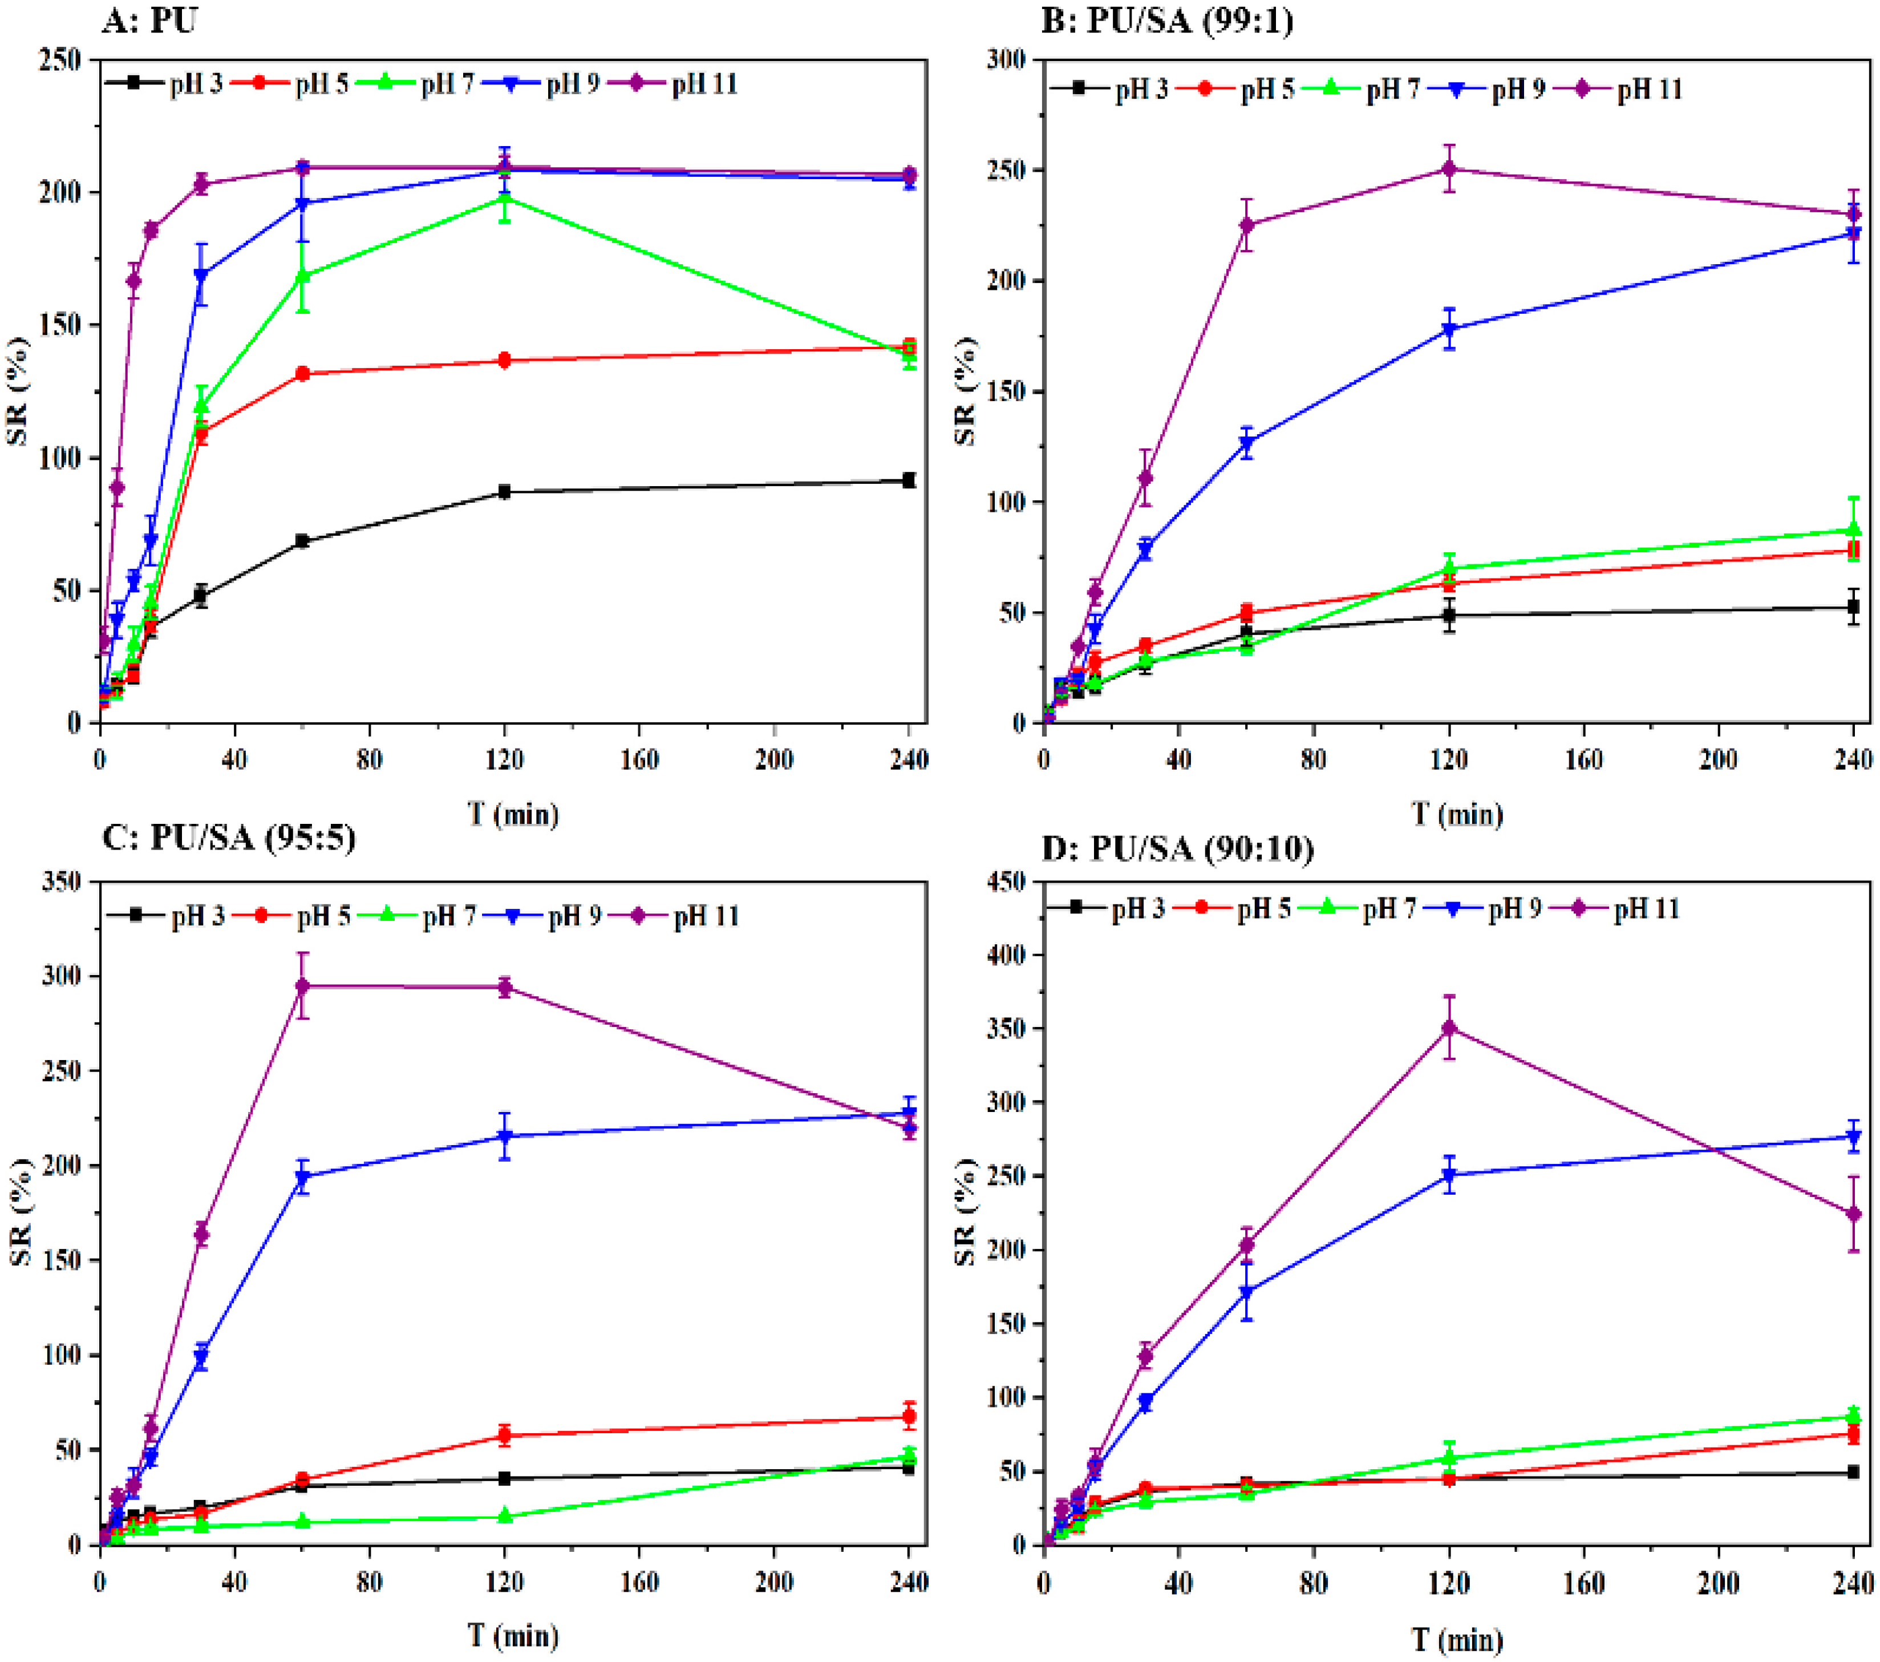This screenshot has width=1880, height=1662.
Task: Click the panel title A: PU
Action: click(x=149, y=19)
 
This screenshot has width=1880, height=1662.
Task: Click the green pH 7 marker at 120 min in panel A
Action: click(x=504, y=198)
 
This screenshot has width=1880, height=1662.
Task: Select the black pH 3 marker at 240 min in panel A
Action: click(x=909, y=480)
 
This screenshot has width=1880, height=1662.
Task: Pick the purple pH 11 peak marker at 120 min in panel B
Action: click(x=1449, y=169)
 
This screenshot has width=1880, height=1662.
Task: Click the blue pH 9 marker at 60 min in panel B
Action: click(x=1247, y=443)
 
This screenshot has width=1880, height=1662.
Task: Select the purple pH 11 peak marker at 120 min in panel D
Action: click(x=1449, y=1028)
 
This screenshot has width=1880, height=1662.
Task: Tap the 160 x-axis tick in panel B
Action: click(x=1584, y=759)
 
